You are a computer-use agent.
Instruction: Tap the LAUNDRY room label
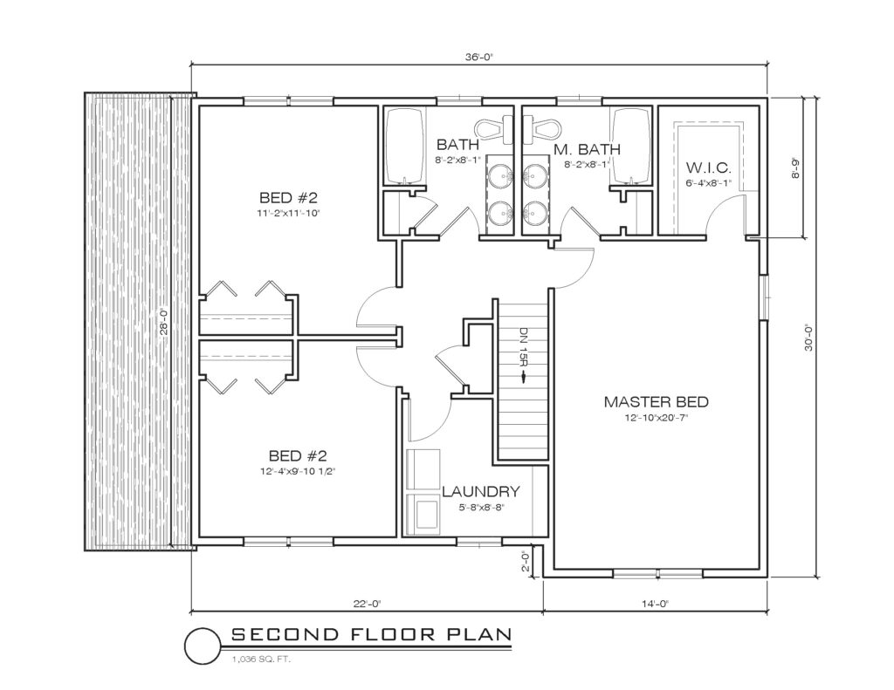coord(481,491)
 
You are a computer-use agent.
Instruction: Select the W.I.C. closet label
coord(708,168)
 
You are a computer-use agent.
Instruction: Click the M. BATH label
coord(587,150)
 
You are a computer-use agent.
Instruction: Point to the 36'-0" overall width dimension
coord(478,57)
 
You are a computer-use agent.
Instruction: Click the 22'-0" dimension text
coord(366,604)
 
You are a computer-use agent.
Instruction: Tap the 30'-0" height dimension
coord(808,338)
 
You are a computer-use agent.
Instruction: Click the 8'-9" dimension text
coord(794,168)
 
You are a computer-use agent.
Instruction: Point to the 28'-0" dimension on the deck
coord(163,322)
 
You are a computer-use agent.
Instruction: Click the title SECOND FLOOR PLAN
coord(371,634)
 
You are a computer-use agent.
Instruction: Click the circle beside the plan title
coord(203,646)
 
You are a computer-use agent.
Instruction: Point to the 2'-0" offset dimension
coord(526,561)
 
